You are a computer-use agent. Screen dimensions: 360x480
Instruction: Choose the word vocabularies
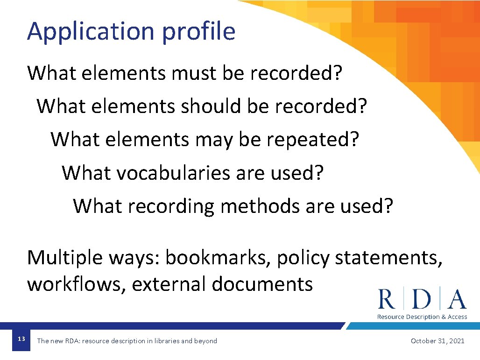tap(173, 173)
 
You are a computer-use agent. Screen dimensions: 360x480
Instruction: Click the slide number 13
tap(21, 339)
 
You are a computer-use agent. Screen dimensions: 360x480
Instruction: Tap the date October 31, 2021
tap(438, 341)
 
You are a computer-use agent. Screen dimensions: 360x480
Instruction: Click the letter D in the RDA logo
tap(422, 300)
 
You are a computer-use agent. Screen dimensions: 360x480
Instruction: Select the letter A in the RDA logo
tap(457, 300)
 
